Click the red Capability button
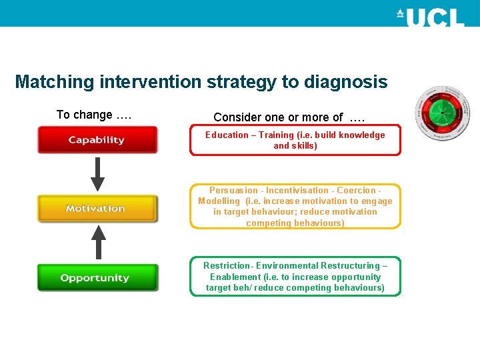(x=97, y=140)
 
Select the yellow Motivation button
(x=97, y=209)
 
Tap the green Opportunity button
(x=97, y=278)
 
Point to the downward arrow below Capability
(x=98, y=174)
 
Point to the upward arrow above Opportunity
(x=98, y=243)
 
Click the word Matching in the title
(x=55, y=82)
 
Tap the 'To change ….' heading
(x=93, y=115)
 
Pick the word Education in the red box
(x=227, y=135)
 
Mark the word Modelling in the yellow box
(x=219, y=201)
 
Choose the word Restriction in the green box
(x=226, y=265)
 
